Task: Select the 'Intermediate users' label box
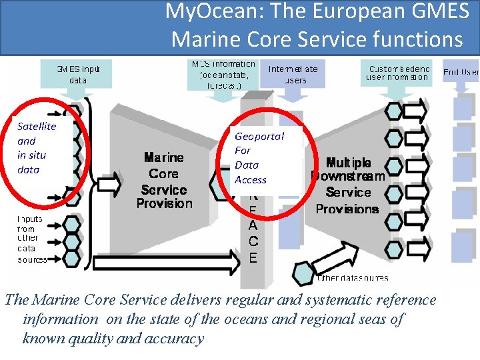(x=293, y=74)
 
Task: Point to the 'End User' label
(x=461, y=71)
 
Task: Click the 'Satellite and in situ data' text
(x=37, y=147)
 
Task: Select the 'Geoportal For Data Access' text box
(x=259, y=157)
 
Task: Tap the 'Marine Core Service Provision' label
(x=164, y=181)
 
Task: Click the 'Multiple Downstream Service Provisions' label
(x=347, y=185)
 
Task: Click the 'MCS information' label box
(x=223, y=74)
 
